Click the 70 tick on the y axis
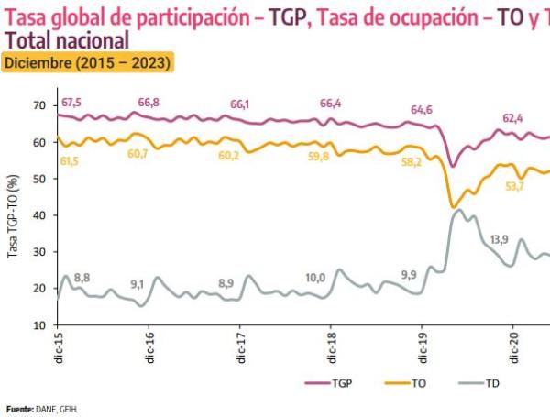pyautogui.click(x=38, y=106)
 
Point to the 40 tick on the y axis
pyautogui.click(x=38, y=215)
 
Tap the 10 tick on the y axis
pyautogui.click(x=38, y=324)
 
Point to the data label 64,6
pyautogui.click(x=422, y=110)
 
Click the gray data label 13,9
pyautogui.click(x=500, y=239)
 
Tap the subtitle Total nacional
pyautogui.click(x=66, y=41)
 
